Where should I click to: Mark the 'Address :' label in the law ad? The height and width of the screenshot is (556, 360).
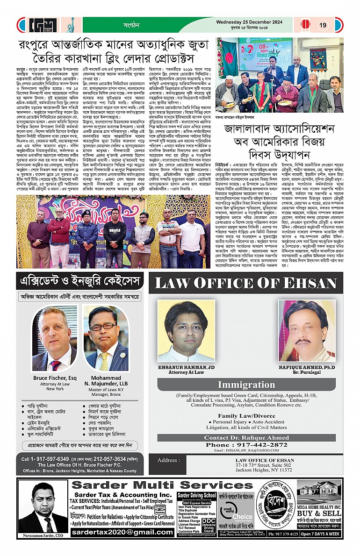coord(169,460)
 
